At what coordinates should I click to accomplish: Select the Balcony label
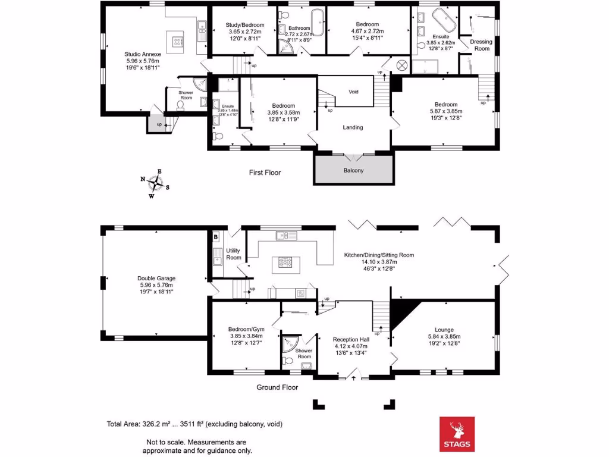(353, 170)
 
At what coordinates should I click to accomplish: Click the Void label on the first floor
(353, 92)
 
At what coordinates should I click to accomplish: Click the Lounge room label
(444, 333)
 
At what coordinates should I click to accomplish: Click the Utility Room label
(233, 254)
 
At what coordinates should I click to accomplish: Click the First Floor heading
(265, 173)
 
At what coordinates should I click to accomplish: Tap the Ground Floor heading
(277, 387)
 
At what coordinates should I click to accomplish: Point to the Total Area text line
(194, 424)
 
